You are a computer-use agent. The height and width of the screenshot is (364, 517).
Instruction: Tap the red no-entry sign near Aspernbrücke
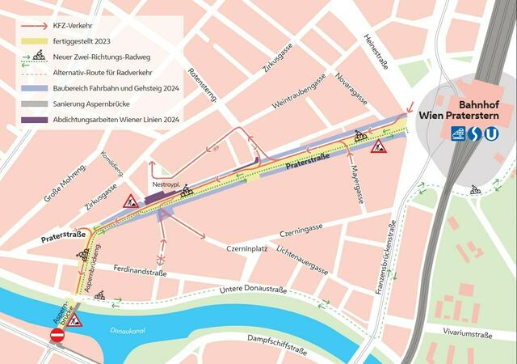click(x=57, y=334)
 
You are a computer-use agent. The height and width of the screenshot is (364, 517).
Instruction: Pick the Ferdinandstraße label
click(x=140, y=272)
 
